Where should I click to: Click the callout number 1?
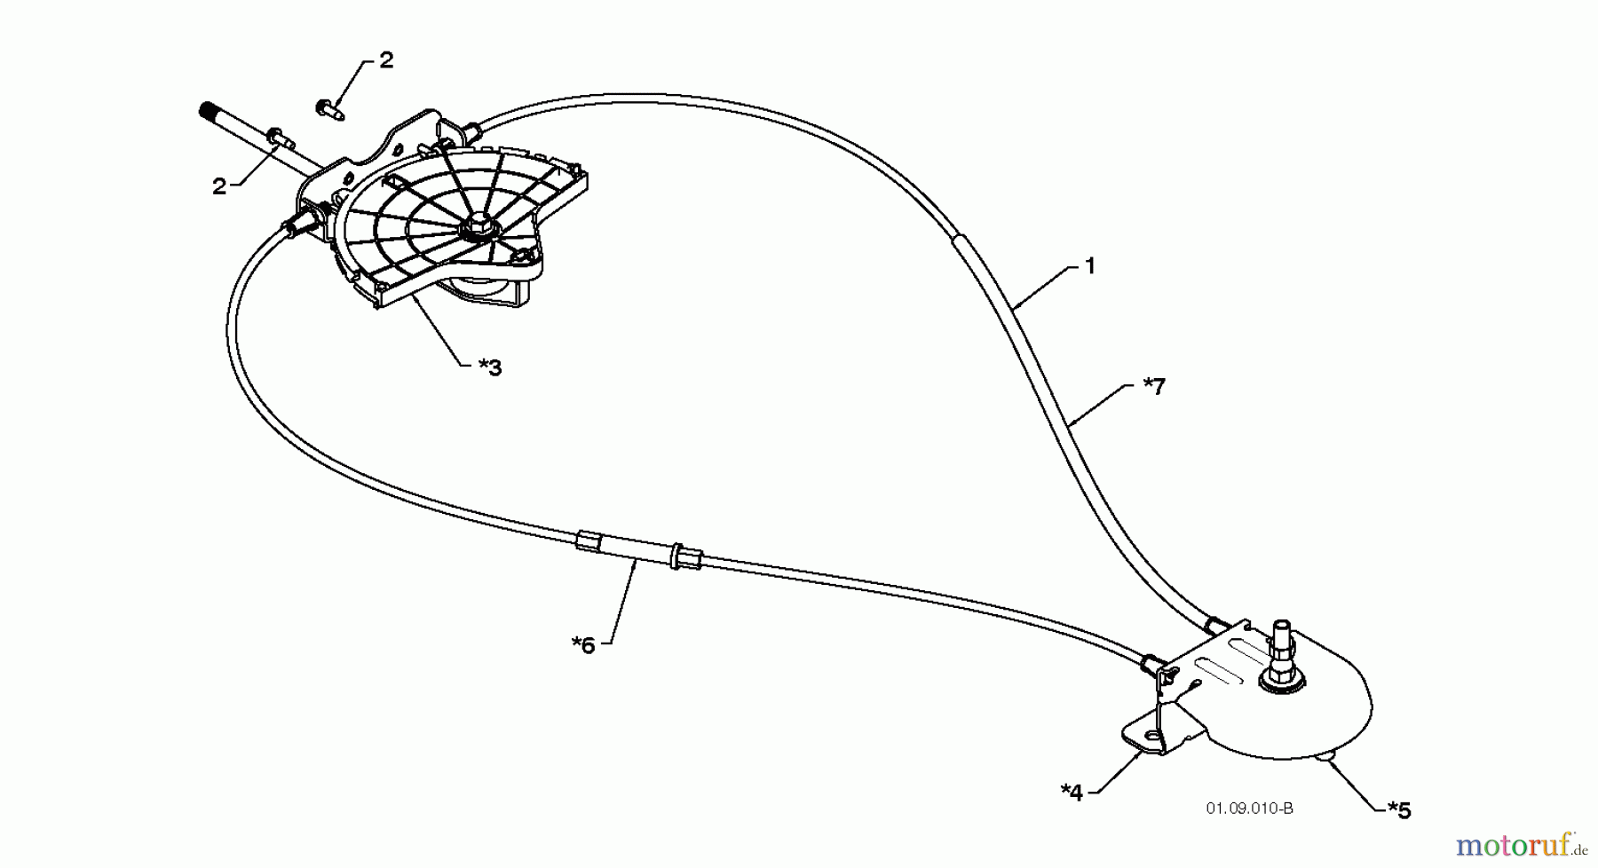[x=1090, y=265]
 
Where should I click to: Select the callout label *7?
[x=1153, y=386]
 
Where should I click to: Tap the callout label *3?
[x=490, y=367]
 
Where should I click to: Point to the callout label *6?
[x=583, y=644]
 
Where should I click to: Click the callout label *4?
[x=1072, y=792]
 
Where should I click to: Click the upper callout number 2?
[x=385, y=60]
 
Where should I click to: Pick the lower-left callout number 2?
[x=218, y=186]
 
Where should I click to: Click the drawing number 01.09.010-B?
[x=1249, y=809]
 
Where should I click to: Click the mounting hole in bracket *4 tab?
[x=1151, y=735]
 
